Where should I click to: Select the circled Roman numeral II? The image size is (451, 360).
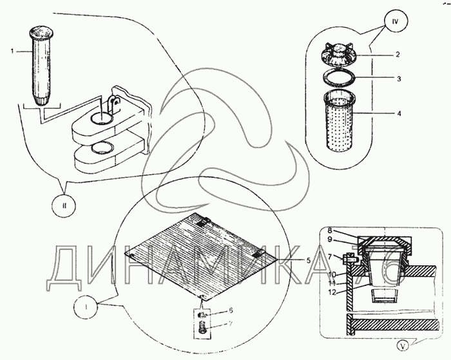click(x=64, y=207)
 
